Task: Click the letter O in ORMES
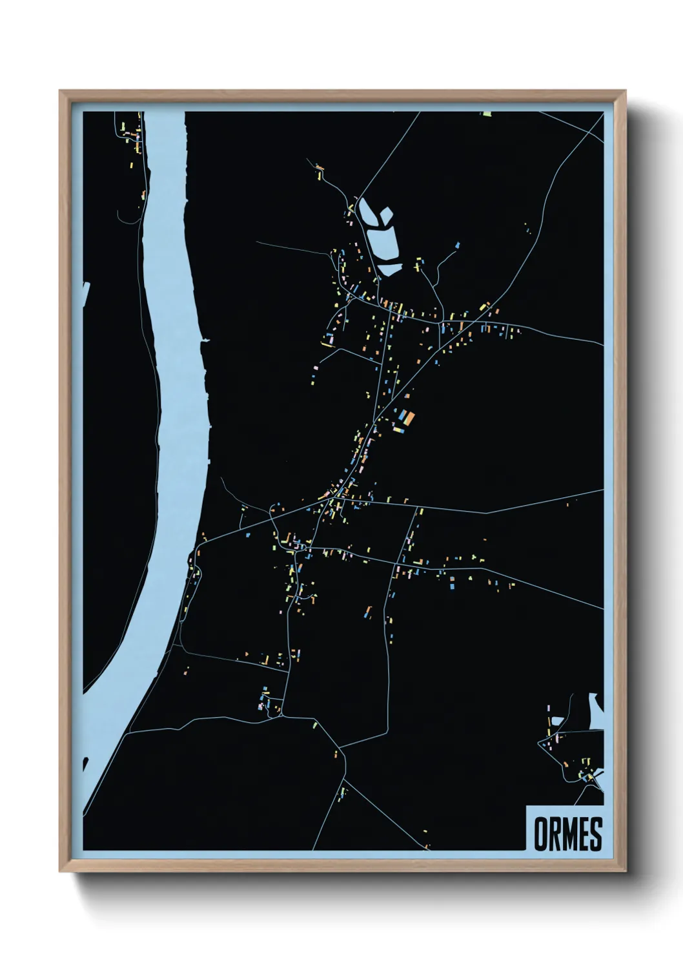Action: (540, 834)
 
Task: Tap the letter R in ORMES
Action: (554, 834)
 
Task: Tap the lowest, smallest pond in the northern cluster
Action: (389, 269)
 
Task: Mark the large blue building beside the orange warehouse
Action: (401, 417)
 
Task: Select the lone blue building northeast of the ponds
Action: (458, 245)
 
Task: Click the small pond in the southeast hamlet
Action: (556, 721)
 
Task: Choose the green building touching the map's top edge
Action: (487, 114)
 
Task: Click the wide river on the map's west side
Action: (174, 388)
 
